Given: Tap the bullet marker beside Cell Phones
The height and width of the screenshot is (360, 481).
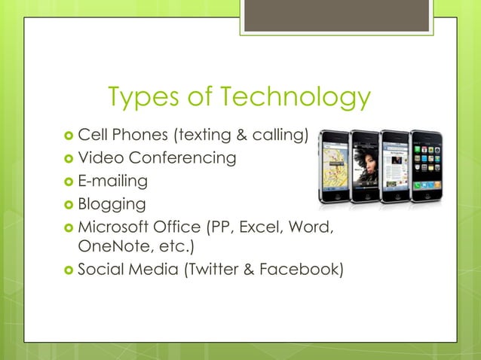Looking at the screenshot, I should point(69,136).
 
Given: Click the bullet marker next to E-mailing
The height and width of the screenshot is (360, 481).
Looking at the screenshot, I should point(69,182).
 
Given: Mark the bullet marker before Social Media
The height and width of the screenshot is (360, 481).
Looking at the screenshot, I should point(69,270).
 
